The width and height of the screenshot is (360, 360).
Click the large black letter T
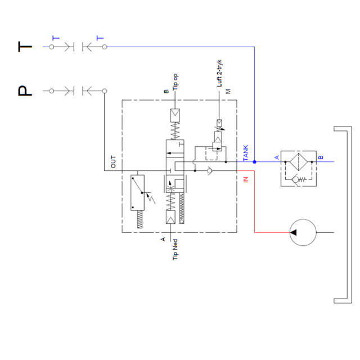[x=25, y=47]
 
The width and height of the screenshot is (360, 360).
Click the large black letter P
[x=25, y=91]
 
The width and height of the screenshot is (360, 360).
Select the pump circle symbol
[x=303, y=232]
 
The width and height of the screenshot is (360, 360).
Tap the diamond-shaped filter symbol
[x=299, y=162]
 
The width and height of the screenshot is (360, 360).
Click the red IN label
[x=246, y=179]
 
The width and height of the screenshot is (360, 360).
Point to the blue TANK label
[x=246, y=153]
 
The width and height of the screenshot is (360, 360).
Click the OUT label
[x=113, y=162]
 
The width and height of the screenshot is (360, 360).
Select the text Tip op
[x=175, y=82]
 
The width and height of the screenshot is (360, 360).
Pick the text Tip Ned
[x=175, y=250]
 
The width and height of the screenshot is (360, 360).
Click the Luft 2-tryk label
[x=219, y=74]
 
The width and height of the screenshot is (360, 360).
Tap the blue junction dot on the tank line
[x=254, y=162]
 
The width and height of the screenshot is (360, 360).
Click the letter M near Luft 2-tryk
[x=228, y=91]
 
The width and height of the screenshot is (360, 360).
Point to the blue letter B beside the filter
[x=321, y=157]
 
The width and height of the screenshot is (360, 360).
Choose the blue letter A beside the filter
[x=277, y=157]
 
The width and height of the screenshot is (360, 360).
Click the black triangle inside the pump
[x=293, y=232]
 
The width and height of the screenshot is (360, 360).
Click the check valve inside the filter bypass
[x=295, y=179]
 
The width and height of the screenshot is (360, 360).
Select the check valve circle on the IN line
[x=209, y=171]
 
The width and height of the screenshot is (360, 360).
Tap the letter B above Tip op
[x=166, y=91]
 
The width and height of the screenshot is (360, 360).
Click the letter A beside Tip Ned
[x=163, y=239]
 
